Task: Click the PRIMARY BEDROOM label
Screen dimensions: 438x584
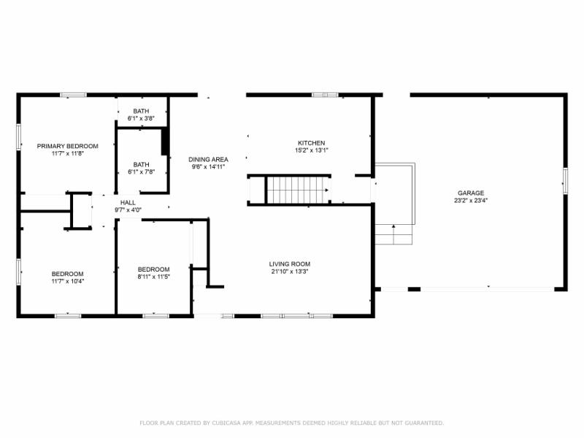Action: (67, 146)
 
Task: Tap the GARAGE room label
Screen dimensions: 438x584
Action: (471, 193)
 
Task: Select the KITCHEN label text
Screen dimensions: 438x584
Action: (311, 143)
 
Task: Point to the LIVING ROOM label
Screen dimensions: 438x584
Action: (290, 264)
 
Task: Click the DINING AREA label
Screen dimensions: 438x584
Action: (208, 159)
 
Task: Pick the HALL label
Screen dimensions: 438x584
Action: (128, 203)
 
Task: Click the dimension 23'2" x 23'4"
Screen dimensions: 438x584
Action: (471, 200)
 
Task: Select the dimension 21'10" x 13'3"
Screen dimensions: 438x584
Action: (290, 272)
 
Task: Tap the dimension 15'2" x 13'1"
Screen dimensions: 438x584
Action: (311, 150)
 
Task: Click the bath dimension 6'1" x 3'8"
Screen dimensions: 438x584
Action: (141, 118)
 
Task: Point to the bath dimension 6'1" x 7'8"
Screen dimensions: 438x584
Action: (141, 172)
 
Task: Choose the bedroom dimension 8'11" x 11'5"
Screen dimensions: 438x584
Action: (153, 277)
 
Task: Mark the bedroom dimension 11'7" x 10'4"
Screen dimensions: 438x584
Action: (67, 281)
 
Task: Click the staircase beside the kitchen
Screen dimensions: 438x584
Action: (296, 190)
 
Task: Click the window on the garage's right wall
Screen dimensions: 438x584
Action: (565, 180)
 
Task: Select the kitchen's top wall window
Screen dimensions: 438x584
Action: (325, 95)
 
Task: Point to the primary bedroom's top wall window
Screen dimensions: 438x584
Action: (73, 95)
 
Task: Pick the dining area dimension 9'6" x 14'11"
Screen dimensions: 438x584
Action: (208, 166)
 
